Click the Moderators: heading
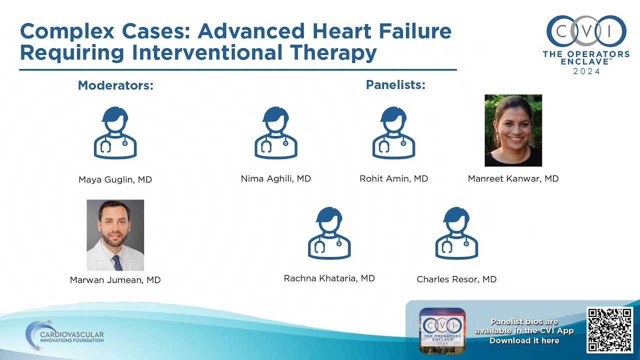[x=115, y=85]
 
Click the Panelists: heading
[x=395, y=85]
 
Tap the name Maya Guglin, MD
[x=115, y=179]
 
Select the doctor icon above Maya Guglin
[x=115, y=133]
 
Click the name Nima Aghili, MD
[x=276, y=178]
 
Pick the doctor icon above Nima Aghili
[x=276, y=133]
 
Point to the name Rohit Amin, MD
[x=394, y=178]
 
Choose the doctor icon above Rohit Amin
[x=394, y=133]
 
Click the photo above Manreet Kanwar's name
[x=513, y=130]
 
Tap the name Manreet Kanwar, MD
[x=513, y=178]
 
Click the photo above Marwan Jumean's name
[x=115, y=235]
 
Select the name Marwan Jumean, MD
[x=115, y=280]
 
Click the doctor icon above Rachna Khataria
[x=329, y=233]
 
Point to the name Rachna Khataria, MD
[x=329, y=278]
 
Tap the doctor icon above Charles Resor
[x=456, y=233]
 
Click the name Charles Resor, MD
[x=456, y=279]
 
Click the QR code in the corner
[x=610, y=330]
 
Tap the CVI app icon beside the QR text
[x=442, y=330]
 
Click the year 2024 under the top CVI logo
[x=586, y=71]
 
